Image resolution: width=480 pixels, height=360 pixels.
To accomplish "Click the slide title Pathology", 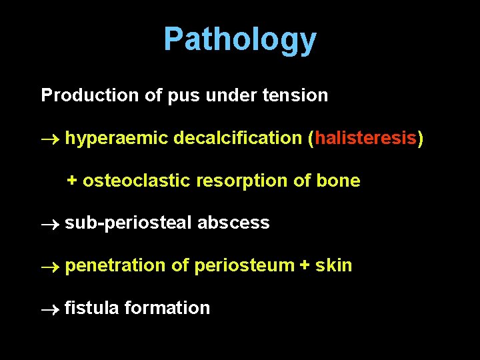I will (x=240, y=39).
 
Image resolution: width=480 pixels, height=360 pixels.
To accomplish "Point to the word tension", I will (x=295, y=95).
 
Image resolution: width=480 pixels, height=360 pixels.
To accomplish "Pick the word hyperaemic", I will (x=117, y=139).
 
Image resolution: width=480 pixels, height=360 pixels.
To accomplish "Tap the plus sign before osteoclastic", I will (x=72, y=181).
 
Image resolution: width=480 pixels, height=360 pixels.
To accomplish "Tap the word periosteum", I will (x=244, y=266).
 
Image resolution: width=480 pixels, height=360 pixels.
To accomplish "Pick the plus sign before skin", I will (x=305, y=265).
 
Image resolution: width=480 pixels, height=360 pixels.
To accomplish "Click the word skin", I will (x=334, y=265).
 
